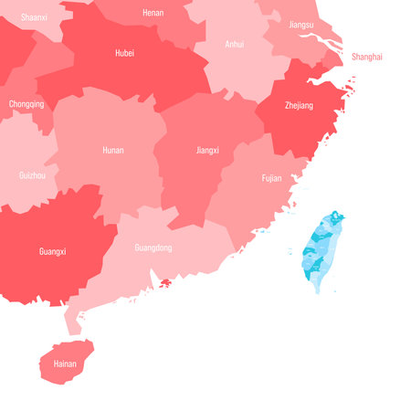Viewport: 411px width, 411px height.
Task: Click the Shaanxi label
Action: pyautogui.click(x=35, y=16)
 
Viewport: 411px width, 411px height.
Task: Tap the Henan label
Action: pyautogui.click(x=153, y=13)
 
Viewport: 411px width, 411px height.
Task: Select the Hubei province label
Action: pyautogui.click(x=124, y=53)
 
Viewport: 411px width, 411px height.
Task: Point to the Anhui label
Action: pyautogui.click(x=235, y=43)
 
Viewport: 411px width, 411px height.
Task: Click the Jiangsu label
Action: pyautogui.click(x=300, y=25)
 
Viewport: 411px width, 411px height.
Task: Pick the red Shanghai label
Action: pyautogui.click(x=367, y=57)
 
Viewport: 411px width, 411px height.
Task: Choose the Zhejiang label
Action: pyautogui.click(x=298, y=106)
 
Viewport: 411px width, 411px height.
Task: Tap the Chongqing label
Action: pyautogui.click(x=26, y=104)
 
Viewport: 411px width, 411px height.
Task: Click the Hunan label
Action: pyautogui.click(x=113, y=149)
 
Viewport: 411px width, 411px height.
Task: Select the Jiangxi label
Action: pyautogui.click(x=209, y=149)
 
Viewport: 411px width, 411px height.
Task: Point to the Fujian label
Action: pyautogui.click(x=271, y=178)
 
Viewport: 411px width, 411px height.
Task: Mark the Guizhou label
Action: pyautogui.click(x=32, y=174)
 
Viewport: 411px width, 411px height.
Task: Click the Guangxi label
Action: pyautogui.click(x=52, y=250)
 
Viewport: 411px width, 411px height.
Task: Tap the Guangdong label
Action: pyautogui.click(x=153, y=248)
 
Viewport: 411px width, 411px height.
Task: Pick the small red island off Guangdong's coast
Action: pyautogui.click(x=165, y=283)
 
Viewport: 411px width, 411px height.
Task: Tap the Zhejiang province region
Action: pyautogui.click(x=301, y=123)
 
